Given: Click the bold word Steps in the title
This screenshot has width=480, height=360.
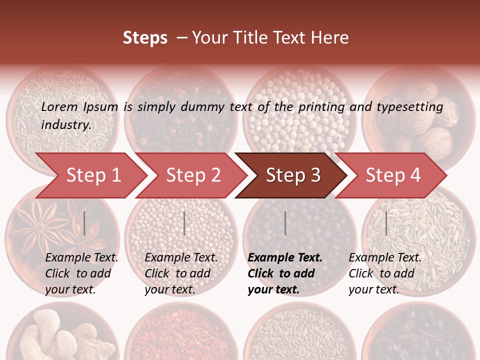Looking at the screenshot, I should pyautogui.click(x=145, y=38).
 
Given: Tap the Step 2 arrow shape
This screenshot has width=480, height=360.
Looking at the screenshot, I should pyautogui.click(x=193, y=175).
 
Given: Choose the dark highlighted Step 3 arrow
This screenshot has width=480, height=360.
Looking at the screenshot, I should pyautogui.click(x=293, y=175).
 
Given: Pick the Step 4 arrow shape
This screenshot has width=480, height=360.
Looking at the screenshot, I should pyautogui.click(x=393, y=175).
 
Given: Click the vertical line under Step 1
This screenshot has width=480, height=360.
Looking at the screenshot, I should pyautogui.click(x=84, y=223).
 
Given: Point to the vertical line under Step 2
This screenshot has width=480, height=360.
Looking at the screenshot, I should pyautogui.click(x=184, y=223).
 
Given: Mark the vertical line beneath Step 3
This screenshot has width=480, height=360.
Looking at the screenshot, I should pyautogui.click(x=285, y=223).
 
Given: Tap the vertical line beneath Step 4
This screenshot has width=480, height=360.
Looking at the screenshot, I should pyautogui.click(x=386, y=223).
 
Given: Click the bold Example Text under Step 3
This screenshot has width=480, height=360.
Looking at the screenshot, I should pyautogui.click(x=285, y=258).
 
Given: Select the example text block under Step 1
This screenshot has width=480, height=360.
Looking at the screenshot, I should pyautogui.click(x=81, y=273).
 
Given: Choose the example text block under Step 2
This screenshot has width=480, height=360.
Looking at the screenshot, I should pyautogui.click(x=181, y=273).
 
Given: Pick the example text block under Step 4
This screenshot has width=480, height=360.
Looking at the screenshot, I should pyautogui.click(x=385, y=273).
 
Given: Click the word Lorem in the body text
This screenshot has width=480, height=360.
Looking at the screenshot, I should pyautogui.click(x=59, y=107).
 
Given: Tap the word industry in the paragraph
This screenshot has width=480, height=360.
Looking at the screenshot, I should pyautogui.click(x=66, y=125).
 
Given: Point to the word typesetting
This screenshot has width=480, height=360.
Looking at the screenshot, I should pyautogui.click(x=409, y=107).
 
